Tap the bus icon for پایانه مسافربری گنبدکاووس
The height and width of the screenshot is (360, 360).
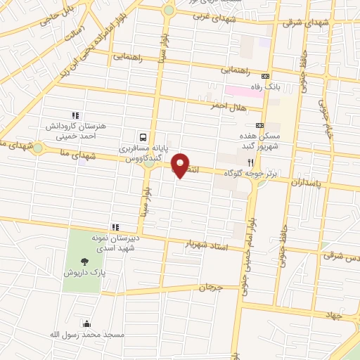143,137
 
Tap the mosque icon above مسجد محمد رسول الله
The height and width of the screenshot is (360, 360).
86,323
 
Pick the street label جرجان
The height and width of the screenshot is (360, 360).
210,287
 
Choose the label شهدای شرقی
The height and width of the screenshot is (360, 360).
306,22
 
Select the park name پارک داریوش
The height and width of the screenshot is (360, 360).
78,271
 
